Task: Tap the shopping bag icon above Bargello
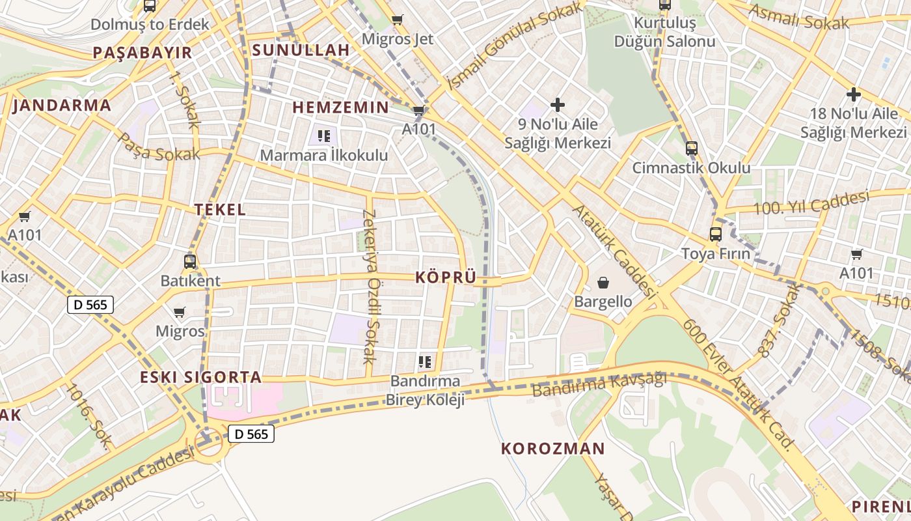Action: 603,283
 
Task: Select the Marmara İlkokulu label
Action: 323,156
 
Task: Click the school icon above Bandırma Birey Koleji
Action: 425,361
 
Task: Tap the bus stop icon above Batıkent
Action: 190,262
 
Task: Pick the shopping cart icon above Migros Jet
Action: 397,20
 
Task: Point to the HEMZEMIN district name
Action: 340,107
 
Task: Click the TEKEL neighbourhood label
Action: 220,210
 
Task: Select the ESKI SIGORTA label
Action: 201,377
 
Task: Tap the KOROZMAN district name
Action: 553,449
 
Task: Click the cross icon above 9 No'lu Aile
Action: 558,104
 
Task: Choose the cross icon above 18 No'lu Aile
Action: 853,94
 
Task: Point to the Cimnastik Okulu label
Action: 692,168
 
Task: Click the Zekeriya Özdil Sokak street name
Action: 370,287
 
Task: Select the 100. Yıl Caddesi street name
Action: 811,202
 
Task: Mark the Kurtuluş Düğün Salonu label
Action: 665,33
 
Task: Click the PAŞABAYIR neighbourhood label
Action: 143,53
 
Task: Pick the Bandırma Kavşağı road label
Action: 599,385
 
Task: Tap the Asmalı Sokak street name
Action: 798,18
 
